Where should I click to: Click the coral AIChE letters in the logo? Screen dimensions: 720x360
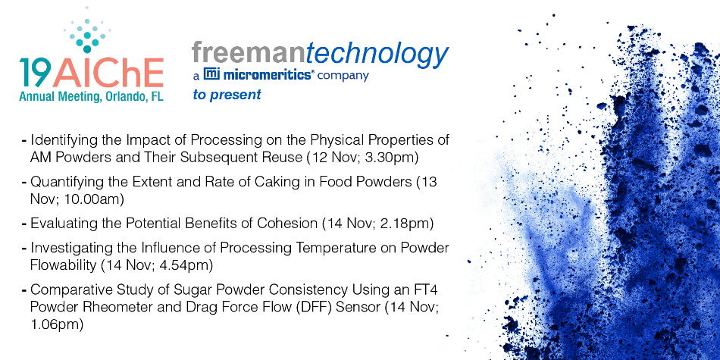[x=108, y=73]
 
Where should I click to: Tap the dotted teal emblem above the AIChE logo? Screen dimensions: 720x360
[x=87, y=32]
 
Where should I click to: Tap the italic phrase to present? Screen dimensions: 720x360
[x=227, y=95]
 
